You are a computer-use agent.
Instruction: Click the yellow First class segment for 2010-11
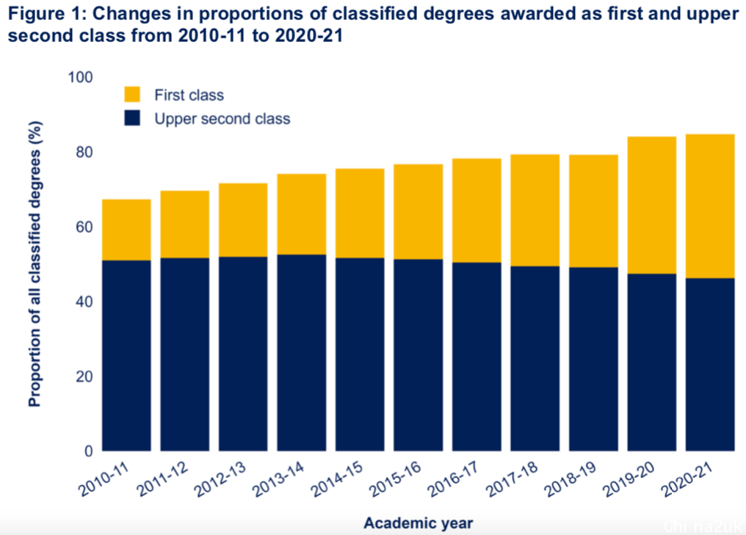tap(126, 230)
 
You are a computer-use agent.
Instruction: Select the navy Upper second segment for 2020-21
tap(709, 364)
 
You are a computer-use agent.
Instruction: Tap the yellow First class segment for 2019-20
tap(651, 205)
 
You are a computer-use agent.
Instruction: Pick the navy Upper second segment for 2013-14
tap(301, 352)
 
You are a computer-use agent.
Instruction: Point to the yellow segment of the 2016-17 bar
tap(477, 211)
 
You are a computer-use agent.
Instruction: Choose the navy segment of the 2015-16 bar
tap(418, 354)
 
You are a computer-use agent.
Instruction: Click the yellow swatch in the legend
tap(132, 95)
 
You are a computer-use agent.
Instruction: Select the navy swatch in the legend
tap(132, 118)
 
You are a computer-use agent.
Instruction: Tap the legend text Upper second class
tap(222, 119)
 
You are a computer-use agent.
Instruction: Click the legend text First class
tap(189, 95)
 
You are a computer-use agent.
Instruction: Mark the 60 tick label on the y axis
tap(82, 227)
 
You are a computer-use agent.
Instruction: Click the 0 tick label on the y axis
tap(87, 451)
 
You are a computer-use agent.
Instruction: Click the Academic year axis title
tap(418, 523)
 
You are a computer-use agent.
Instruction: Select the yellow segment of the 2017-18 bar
tap(535, 210)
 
